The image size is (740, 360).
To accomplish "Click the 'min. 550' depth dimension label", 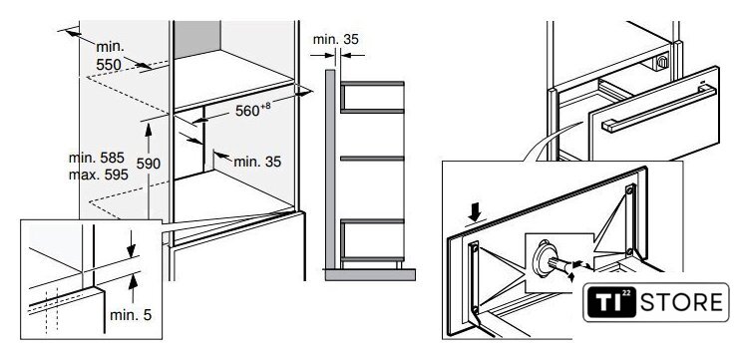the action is pos(109,56).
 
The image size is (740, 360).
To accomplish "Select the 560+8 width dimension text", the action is pos(253,110).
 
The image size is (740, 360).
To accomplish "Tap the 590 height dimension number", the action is pos(149,164).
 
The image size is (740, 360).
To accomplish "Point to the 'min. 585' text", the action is pos(97,158).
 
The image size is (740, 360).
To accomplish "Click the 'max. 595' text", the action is pos(98,175).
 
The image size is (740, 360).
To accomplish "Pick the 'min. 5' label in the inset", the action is pos(131,315).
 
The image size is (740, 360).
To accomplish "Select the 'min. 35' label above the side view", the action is pos(335,39).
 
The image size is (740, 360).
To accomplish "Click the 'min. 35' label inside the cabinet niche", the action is pos(257,162).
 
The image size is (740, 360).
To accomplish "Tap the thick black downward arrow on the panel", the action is pos(476,213).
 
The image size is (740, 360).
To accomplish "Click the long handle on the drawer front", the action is pos(659,109).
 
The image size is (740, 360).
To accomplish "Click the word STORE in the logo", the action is pos(681,302).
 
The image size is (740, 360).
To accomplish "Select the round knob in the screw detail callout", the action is pos(543,258).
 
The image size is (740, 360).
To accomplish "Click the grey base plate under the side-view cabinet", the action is pos(370,274).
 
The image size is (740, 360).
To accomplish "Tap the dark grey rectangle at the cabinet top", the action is pos(197,39).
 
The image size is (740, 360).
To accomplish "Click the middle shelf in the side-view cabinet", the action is pos(372,158).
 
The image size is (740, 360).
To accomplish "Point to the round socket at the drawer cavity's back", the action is pos(662,62).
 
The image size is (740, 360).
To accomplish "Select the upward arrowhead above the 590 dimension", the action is pos(149,129).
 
